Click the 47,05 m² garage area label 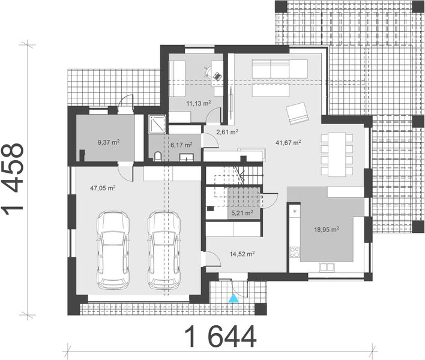[103, 188]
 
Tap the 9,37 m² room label [108, 142]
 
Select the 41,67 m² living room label [288, 143]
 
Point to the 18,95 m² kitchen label [327, 229]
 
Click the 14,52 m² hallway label [241, 254]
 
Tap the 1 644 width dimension [220, 337]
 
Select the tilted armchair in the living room [297, 113]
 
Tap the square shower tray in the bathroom [158, 124]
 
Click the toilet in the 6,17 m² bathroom [157, 157]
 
